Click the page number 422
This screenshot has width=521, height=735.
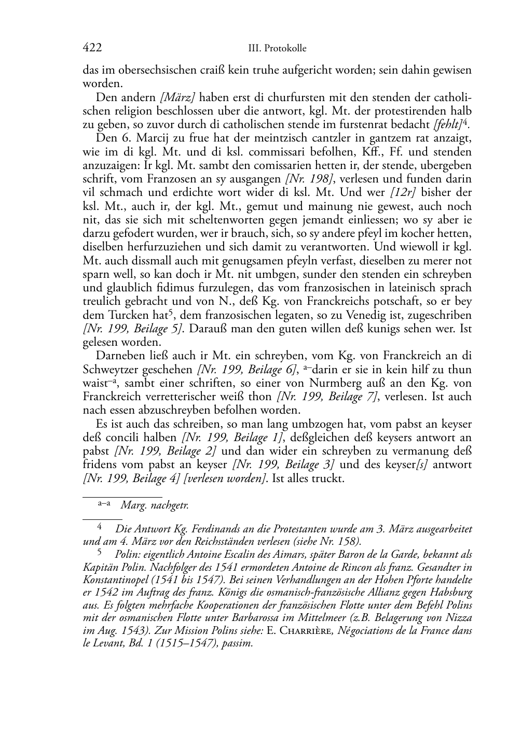92,48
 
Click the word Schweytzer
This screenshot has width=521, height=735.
109,370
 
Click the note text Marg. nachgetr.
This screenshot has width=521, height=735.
154,505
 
